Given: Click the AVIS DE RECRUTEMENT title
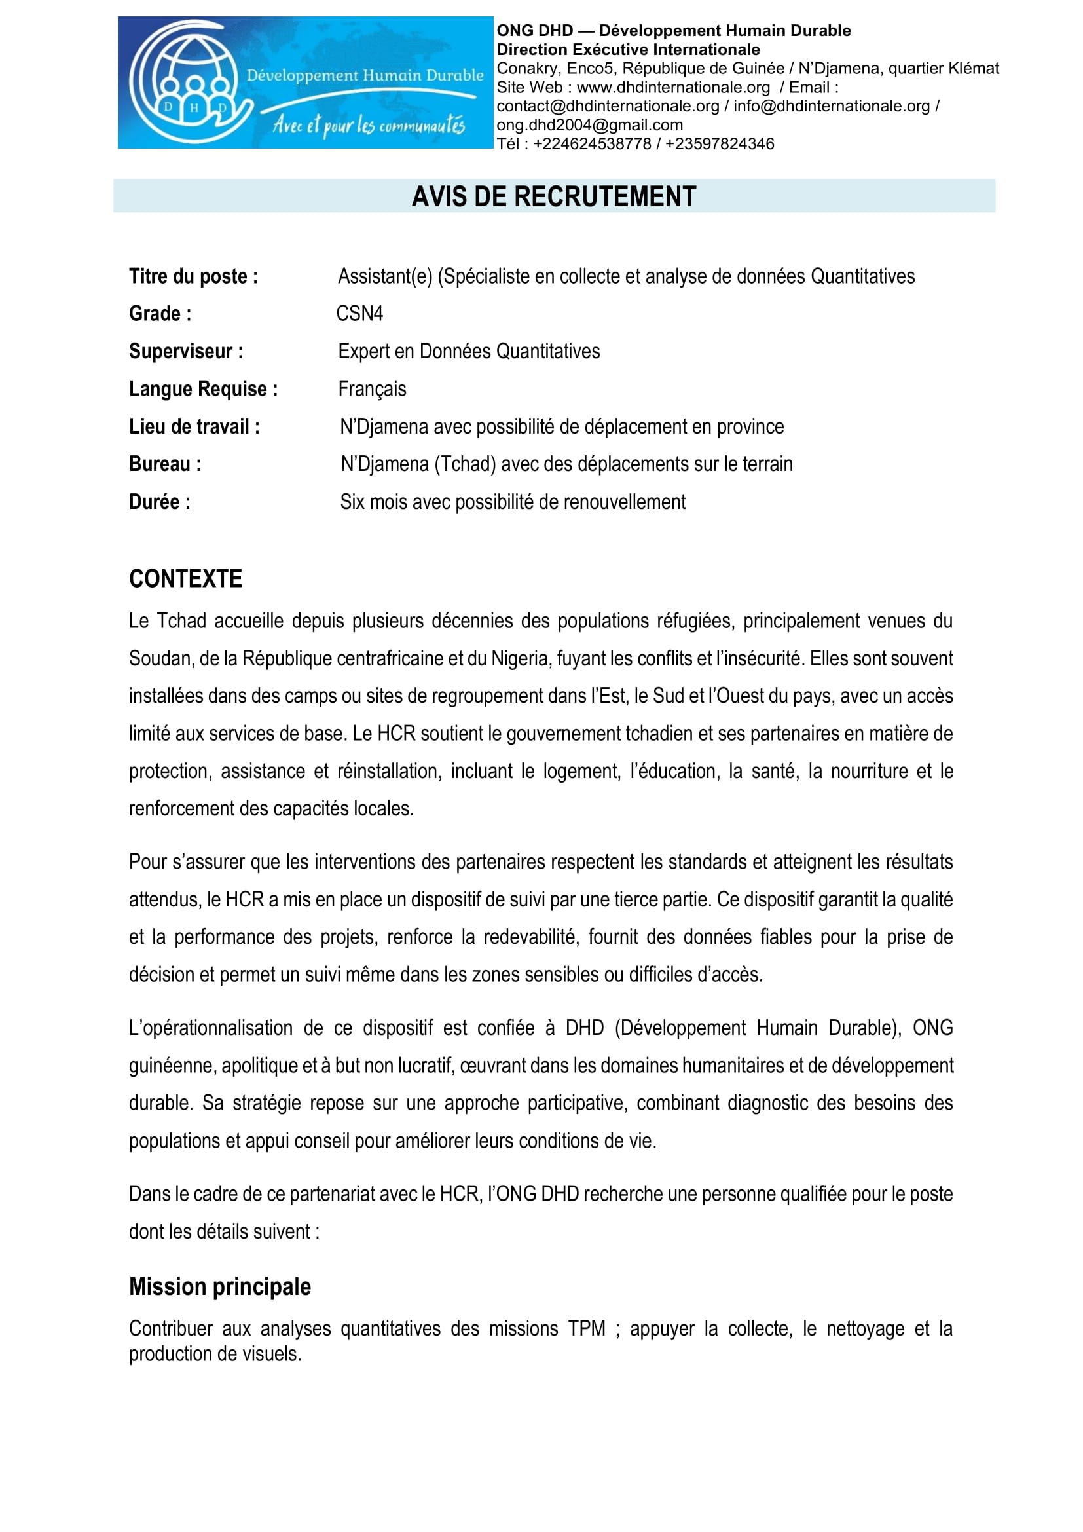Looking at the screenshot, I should pos(553,196).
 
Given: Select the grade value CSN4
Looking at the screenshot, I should pos(359,314).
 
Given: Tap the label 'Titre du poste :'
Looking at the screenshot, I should pos(193,276).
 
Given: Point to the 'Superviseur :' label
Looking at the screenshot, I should pos(186,352).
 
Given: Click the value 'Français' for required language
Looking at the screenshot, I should pos(372,389).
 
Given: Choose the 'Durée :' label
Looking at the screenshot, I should pos(160,502).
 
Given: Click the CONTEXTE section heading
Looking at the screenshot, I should pos(185,578).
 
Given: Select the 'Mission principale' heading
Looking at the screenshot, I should pos(220,1286).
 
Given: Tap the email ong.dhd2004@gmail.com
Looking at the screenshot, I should pos(589,125).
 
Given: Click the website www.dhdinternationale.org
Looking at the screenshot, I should pos(673,87).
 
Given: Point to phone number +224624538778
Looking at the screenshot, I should pos(592,144).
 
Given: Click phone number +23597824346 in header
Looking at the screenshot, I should pos(720,144).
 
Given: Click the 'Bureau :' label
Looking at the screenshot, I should pos(166,464).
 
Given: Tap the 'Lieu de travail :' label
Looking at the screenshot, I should pos(194,427).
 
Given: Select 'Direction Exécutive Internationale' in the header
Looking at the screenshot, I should pos(627,49).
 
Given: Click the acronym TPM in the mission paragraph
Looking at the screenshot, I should pos(587,1328).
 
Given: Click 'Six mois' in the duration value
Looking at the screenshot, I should pos(373,502).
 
